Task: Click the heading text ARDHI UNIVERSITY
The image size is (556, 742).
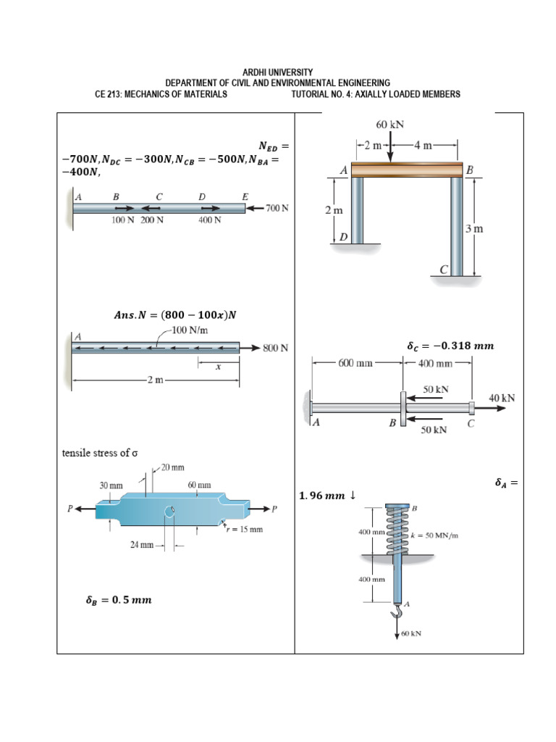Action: (278, 72)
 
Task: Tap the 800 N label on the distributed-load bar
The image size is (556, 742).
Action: (275, 348)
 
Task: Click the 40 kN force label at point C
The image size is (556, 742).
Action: (502, 398)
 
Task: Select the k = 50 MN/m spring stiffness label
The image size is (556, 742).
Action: (434, 535)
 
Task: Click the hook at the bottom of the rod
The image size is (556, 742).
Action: (396, 614)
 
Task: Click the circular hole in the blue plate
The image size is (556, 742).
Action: (169, 513)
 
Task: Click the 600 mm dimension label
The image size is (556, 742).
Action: (355, 363)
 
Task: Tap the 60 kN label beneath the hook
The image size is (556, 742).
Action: (411, 633)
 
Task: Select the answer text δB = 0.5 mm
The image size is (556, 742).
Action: (118, 600)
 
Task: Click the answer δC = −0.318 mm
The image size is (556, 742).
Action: (450, 346)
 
